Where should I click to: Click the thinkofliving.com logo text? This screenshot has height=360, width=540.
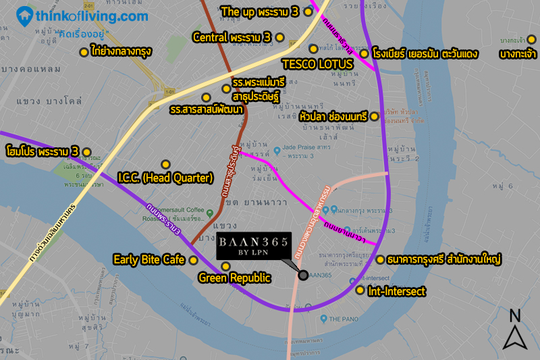click(x=93, y=15)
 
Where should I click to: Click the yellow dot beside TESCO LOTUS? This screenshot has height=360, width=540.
click(x=313, y=49)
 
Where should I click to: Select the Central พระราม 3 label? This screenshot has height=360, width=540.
click(x=232, y=36)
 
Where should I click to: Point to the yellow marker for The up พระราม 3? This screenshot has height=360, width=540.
click(x=308, y=11)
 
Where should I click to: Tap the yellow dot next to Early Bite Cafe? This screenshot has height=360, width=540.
click(x=193, y=260)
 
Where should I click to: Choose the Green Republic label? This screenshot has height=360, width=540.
click(x=234, y=278)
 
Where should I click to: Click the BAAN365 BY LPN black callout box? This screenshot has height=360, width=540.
click(x=256, y=248)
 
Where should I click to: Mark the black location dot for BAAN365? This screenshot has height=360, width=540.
click(x=303, y=275)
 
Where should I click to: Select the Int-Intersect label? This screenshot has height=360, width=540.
click(x=397, y=292)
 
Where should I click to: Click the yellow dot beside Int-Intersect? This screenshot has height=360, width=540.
click(x=360, y=291)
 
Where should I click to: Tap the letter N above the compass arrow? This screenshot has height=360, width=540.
click(x=514, y=315)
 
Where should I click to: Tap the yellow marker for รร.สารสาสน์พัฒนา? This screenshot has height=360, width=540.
click(x=207, y=97)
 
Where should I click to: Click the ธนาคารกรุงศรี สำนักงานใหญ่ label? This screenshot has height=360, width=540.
click(x=441, y=259)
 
